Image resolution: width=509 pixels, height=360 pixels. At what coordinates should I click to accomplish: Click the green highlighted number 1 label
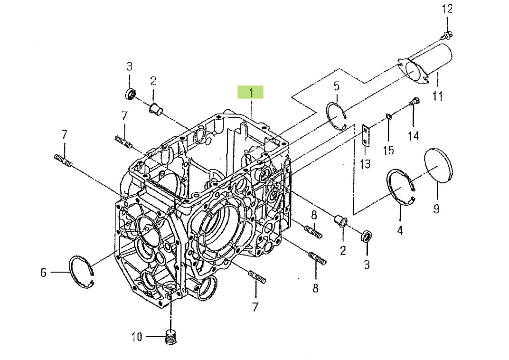[x=250, y=92]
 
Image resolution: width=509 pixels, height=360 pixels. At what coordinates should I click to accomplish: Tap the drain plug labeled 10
[x=170, y=337]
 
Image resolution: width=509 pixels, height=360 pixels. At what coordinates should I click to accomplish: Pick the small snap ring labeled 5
[x=337, y=115]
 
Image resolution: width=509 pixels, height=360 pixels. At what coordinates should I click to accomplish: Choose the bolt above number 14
[x=414, y=102]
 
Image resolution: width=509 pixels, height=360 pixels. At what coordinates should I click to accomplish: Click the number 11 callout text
[x=437, y=96]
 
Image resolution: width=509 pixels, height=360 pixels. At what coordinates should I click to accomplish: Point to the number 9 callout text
[x=436, y=208]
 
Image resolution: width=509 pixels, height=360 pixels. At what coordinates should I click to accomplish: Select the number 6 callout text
[x=43, y=273]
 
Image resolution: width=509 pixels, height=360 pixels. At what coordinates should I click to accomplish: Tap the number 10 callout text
[x=137, y=337]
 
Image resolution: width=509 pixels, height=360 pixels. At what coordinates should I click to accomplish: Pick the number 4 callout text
[x=400, y=231]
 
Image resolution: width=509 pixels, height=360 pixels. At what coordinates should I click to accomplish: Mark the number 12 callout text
[x=447, y=9]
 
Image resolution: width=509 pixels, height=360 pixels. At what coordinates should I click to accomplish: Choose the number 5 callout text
[x=336, y=86]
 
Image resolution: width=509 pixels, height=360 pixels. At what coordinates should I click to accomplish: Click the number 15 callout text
[x=388, y=150]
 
